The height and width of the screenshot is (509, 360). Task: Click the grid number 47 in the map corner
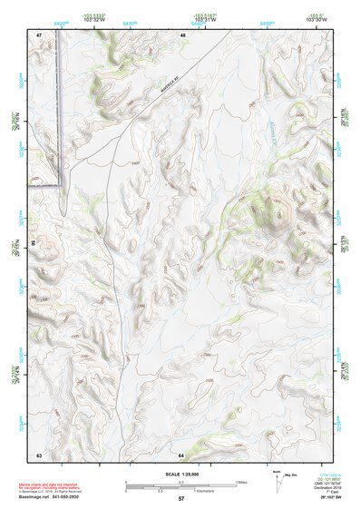39,34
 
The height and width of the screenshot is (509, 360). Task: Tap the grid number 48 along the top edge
182,34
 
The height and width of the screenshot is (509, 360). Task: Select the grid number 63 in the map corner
39,454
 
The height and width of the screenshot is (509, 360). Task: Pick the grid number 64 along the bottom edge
182,454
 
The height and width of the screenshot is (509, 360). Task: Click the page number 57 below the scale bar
181,500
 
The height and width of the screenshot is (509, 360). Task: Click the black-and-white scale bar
180,482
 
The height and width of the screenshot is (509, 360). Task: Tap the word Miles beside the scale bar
240,481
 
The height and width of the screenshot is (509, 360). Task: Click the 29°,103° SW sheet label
324,498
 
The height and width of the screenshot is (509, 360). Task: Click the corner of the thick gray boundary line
61,185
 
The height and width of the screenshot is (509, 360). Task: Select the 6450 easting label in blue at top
266,22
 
